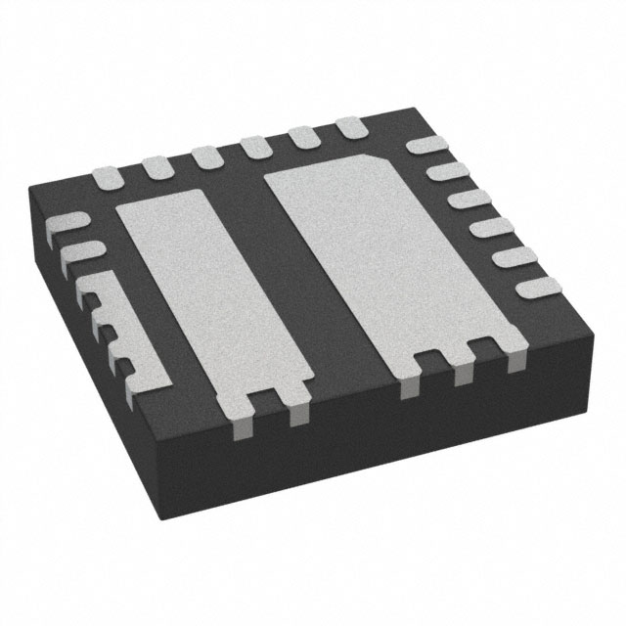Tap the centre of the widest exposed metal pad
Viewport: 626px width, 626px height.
(391, 264)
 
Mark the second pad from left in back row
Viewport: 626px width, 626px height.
(157, 167)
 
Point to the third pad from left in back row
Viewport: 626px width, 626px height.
(206, 156)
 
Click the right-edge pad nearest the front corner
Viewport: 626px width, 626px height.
(536, 287)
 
